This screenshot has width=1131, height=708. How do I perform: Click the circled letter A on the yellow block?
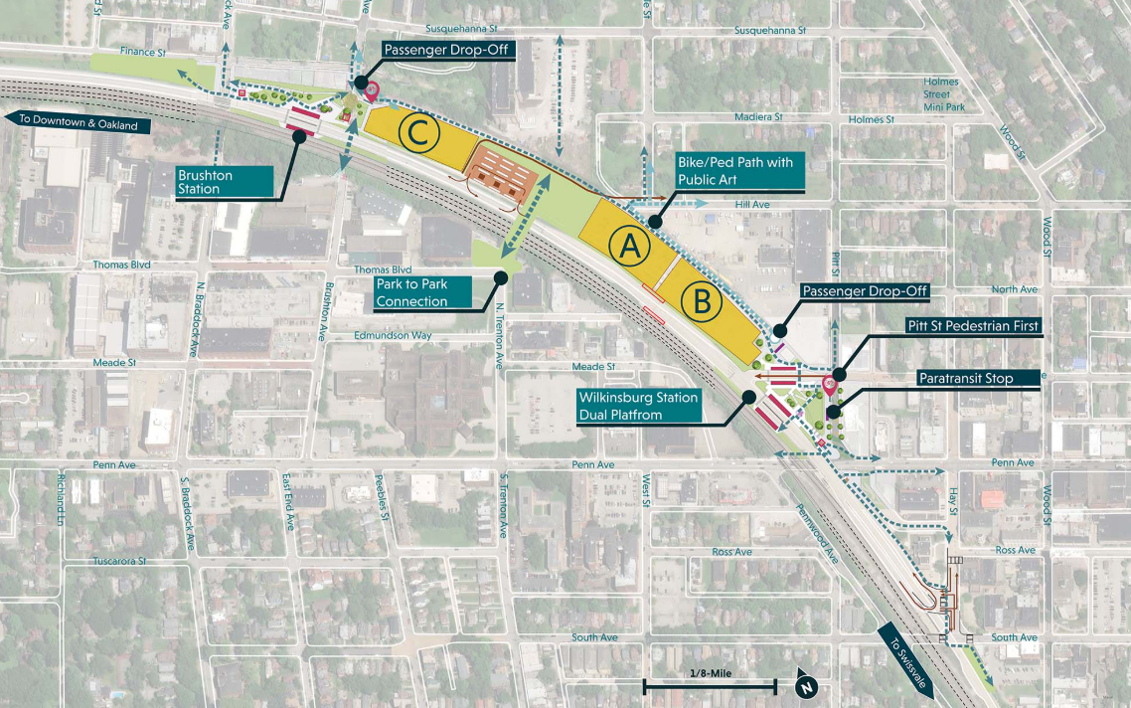[629, 249]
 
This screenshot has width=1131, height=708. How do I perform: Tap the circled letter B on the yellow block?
[702, 301]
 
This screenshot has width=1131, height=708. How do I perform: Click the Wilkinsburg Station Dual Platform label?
[639, 406]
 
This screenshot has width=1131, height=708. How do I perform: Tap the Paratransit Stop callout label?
[979, 377]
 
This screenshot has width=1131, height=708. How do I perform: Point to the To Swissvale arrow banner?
[905, 650]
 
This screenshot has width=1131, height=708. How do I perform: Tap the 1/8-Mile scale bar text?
[710, 673]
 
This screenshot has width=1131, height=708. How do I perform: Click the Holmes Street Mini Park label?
[939, 94]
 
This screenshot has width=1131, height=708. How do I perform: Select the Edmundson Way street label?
[394, 336]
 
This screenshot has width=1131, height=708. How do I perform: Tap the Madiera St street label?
[758, 117]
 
